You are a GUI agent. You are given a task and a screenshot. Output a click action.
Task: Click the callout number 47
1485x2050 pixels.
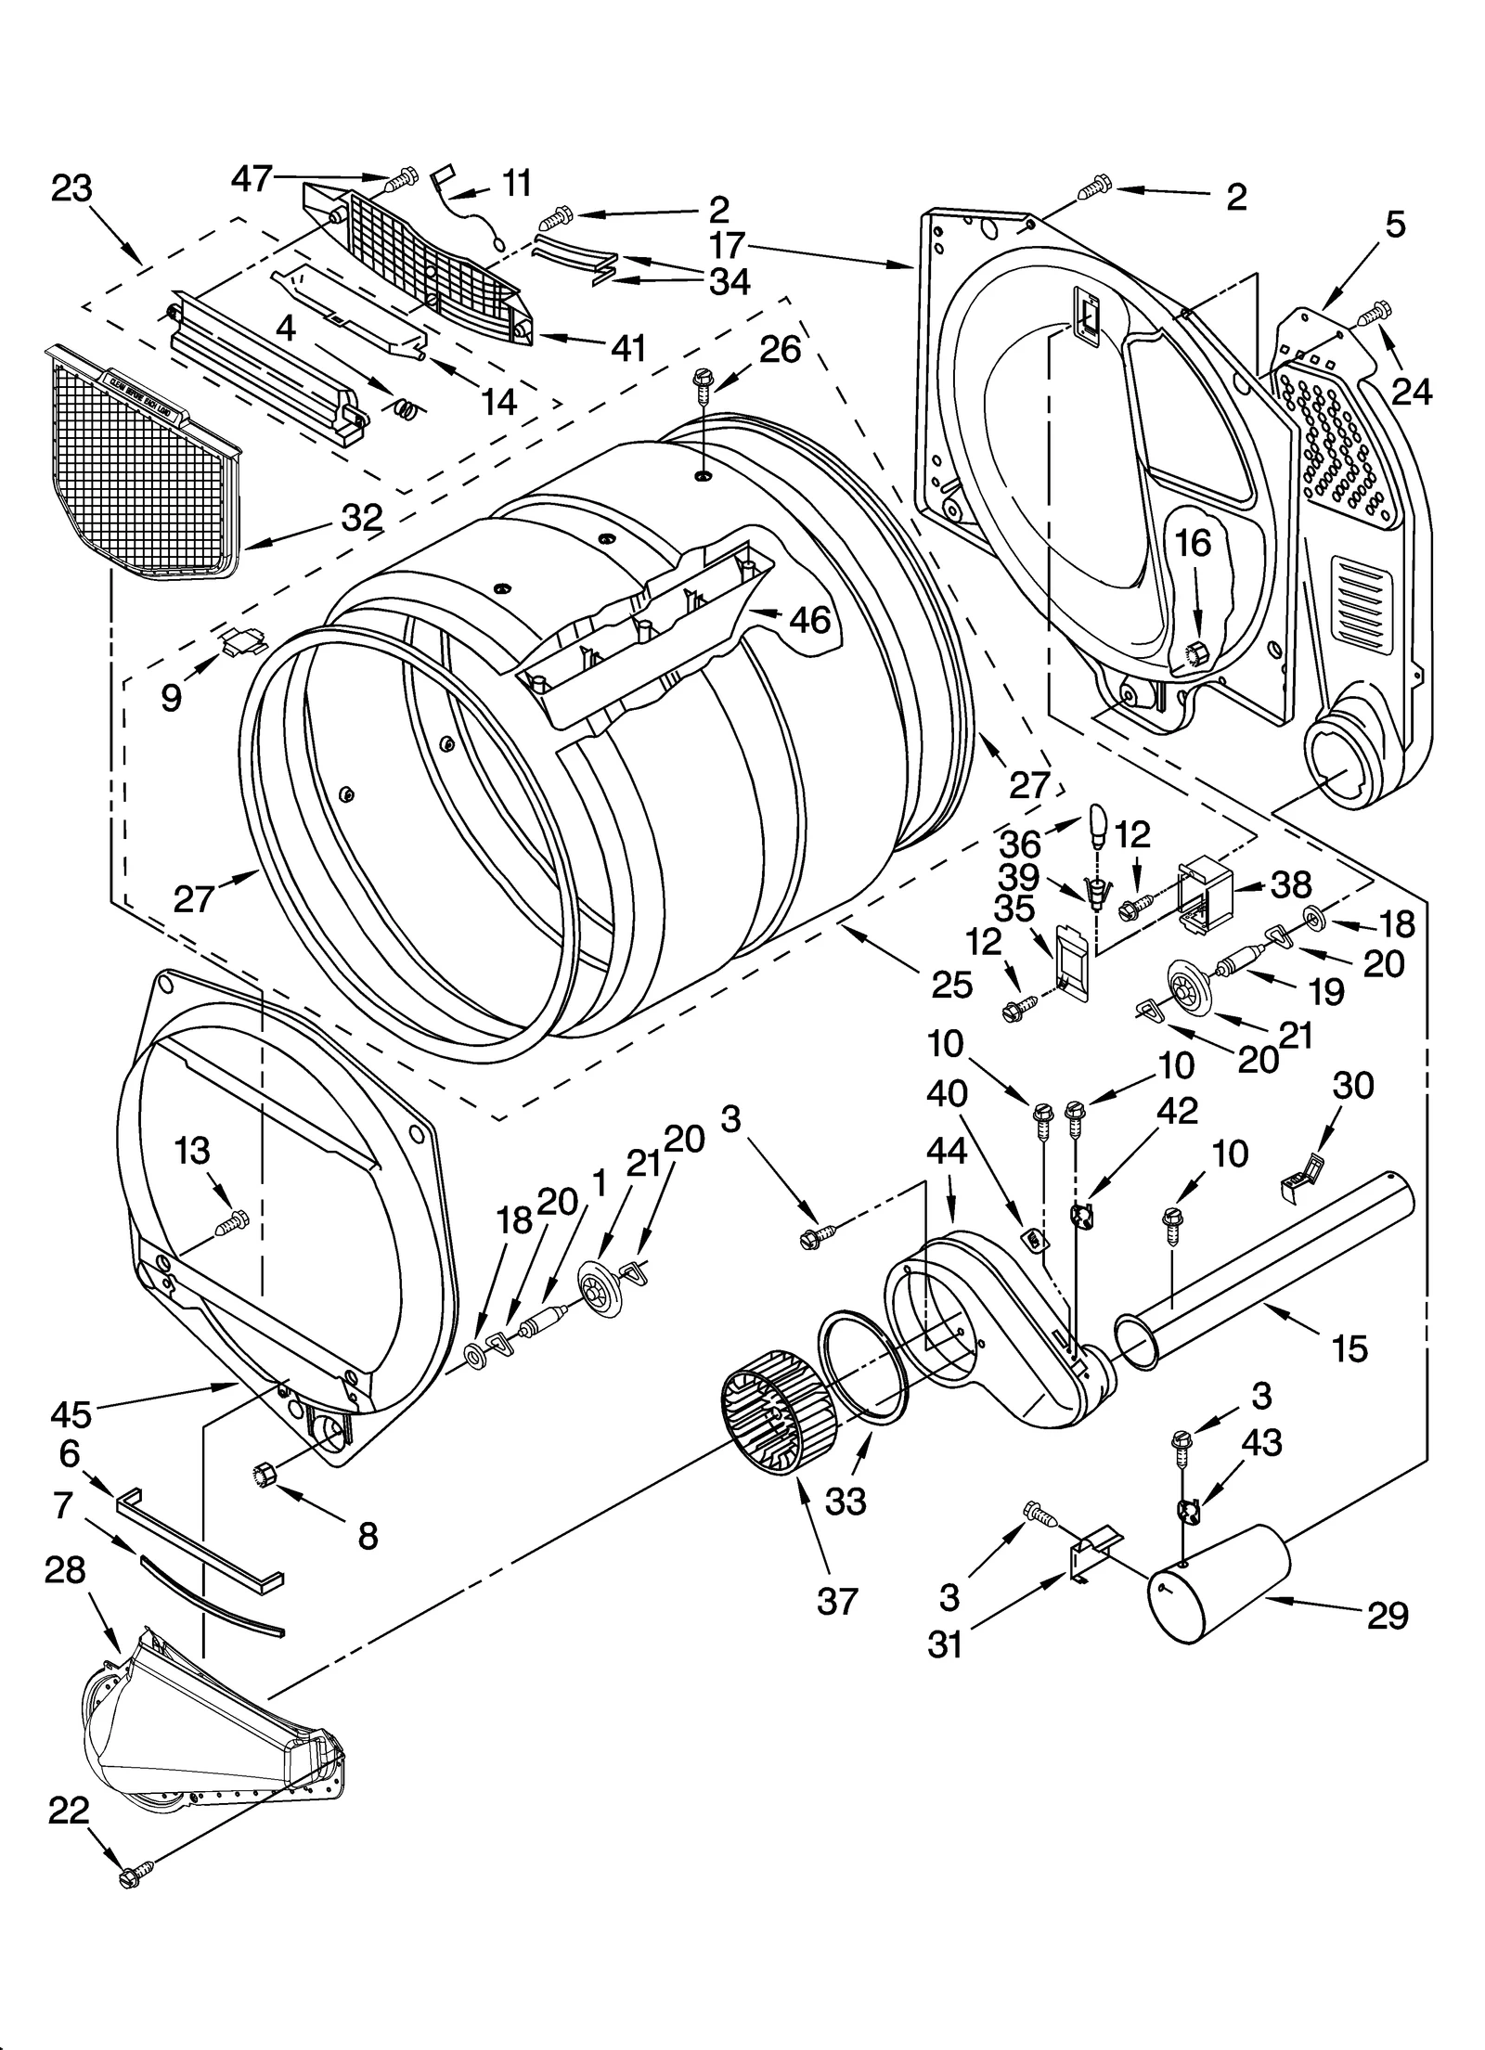(x=251, y=176)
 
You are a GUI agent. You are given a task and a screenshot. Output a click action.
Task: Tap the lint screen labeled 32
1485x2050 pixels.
(x=139, y=464)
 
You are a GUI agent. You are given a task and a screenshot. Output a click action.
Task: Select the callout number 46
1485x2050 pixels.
(x=808, y=620)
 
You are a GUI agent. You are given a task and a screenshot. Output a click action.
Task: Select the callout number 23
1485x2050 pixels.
(x=71, y=188)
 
